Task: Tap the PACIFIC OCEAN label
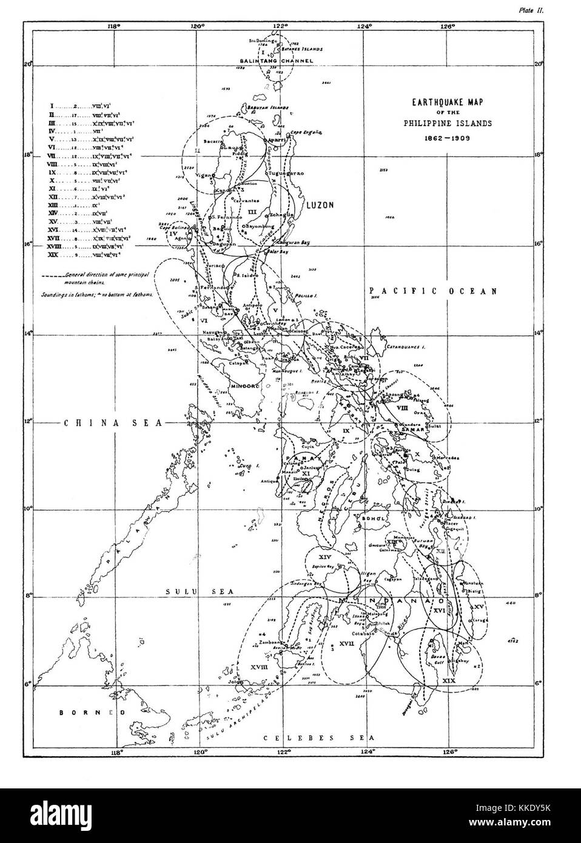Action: point(433,292)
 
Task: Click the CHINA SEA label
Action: point(114,423)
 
